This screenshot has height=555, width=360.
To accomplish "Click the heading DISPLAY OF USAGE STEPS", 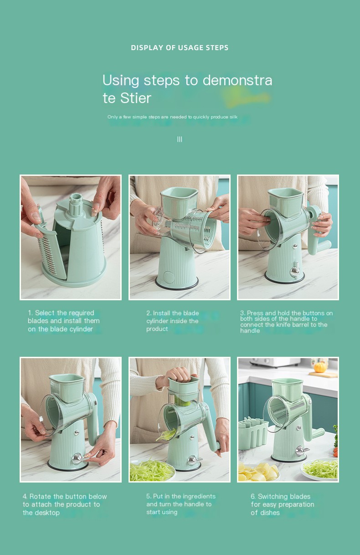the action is point(180,47).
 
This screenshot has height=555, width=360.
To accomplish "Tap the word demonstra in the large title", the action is point(237,80).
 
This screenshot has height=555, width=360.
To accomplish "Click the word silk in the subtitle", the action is point(233,117).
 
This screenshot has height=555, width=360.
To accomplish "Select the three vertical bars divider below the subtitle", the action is point(180,139).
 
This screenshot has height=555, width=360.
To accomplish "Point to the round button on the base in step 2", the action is point(169,277).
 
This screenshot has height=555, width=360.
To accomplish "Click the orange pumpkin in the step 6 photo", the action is point(319,367).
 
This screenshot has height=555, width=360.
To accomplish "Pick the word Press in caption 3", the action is point(255,313).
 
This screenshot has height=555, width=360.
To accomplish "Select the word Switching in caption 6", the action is point(272,496).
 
